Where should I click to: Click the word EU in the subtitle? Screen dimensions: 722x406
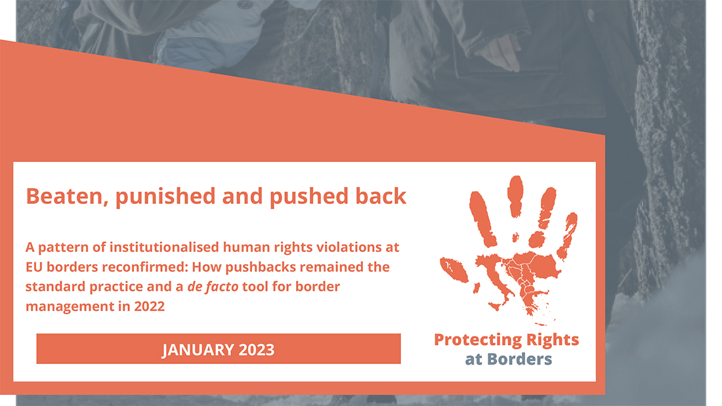(x=34, y=267)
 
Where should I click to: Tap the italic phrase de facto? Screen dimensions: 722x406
(x=213, y=287)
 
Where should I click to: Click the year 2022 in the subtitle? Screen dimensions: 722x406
(x=149, y=306)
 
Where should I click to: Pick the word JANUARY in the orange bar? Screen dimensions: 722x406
(x=190, y=350)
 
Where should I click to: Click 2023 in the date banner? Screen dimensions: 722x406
(x=257, y=350)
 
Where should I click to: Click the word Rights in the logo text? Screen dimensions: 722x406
(x=553, y=340)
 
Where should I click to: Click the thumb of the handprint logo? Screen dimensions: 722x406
(x=454, y=270)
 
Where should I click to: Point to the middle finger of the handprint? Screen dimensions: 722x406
(x=515, y=195)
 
